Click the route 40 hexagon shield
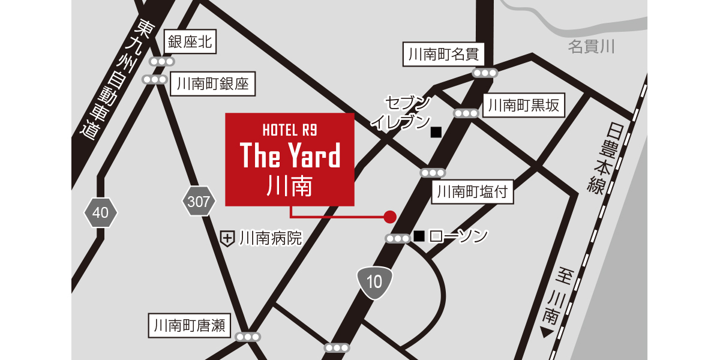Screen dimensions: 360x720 [101, 212]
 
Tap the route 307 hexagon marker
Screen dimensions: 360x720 [199, 202]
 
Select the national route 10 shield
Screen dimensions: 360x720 [374, 281]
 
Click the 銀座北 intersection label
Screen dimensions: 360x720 [191, 42]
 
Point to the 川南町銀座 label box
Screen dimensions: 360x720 [212, 84]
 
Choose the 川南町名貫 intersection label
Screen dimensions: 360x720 [443, 55]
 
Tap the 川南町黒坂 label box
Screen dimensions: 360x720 [523, 106]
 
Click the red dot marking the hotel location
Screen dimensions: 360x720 [390, 216]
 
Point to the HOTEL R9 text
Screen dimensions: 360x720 [290, 129]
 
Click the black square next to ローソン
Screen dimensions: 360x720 [419, 236]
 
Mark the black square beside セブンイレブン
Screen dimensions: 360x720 [436, 131]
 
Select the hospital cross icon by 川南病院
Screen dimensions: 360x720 [227, 239]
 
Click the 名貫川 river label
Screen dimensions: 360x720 [591, 46]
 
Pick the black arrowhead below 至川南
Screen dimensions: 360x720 [546, 332]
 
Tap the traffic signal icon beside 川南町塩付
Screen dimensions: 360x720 [433, 173]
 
